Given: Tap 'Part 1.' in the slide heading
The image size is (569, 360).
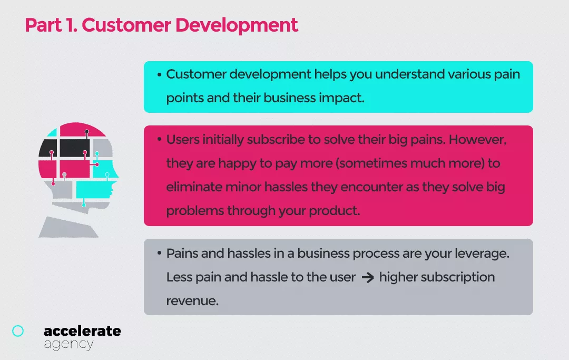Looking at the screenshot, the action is point(51,25).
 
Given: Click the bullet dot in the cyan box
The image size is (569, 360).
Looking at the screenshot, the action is point(159,75).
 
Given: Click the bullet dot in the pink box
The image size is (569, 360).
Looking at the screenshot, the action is point(159,139).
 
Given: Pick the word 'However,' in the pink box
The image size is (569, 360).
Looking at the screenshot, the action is point(477,140).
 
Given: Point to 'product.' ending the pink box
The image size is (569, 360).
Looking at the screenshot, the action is point(334,211).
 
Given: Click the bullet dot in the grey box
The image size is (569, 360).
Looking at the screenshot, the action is point(159,252).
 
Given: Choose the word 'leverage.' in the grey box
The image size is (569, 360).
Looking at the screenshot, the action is point(482,254).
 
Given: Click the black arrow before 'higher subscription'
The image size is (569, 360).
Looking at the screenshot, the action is point(368,278).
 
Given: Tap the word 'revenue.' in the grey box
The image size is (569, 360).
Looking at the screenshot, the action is point(192,301).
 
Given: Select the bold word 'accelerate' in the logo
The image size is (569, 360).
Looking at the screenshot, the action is point(82,331).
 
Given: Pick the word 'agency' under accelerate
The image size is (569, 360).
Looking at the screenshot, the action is point(68,344).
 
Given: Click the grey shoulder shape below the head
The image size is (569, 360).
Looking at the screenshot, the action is point(68,228).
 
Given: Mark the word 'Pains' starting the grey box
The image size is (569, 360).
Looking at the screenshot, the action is point(182,254).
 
